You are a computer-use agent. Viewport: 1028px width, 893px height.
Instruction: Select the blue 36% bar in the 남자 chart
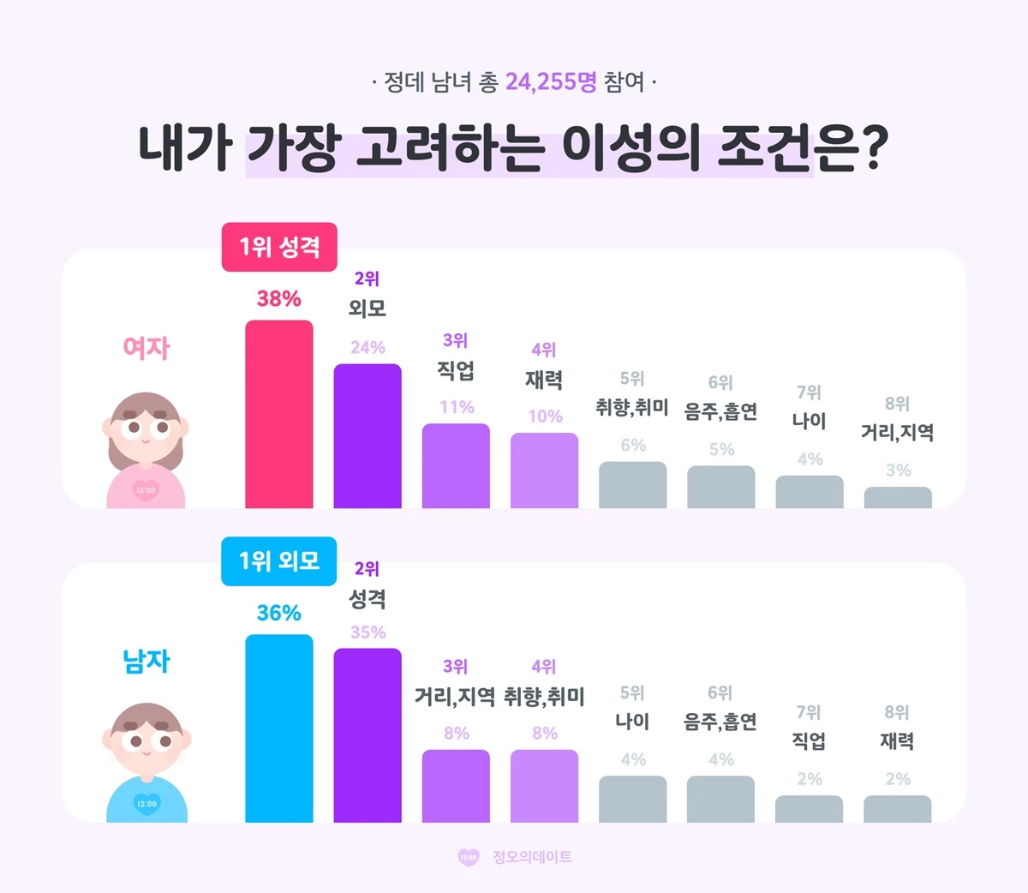(279, 728)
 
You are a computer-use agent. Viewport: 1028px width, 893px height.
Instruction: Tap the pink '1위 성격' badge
(279, 248)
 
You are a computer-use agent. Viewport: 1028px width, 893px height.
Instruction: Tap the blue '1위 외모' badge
(279, 561)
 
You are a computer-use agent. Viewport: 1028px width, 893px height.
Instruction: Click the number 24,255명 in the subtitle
(551, 82)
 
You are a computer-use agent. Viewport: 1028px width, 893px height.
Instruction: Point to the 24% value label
(368, 347)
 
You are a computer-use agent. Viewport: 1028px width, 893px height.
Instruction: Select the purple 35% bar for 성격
(368, 735)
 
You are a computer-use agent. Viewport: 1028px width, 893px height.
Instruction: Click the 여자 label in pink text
(146, 347)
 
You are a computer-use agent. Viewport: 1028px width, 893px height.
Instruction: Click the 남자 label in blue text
(146, 661)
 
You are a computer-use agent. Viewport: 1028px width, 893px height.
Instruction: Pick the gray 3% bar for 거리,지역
(898, 498)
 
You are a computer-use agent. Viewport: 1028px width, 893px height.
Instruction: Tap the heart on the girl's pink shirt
(146, 490)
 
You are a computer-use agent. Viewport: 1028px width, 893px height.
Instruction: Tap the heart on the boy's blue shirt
(146, 804)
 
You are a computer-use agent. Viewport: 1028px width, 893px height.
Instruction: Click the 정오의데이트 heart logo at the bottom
(469, 857)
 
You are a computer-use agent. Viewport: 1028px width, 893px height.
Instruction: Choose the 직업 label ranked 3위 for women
(456, 370)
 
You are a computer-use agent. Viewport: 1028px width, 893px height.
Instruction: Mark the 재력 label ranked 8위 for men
(897, 741)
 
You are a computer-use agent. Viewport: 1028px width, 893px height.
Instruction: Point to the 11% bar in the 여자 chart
(456, 465)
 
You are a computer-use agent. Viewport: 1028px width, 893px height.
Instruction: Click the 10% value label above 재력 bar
(545, 417)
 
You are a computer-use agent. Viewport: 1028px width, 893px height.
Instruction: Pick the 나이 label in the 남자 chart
(632, 722)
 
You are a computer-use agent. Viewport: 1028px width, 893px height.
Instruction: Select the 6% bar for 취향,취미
(632, 485)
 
